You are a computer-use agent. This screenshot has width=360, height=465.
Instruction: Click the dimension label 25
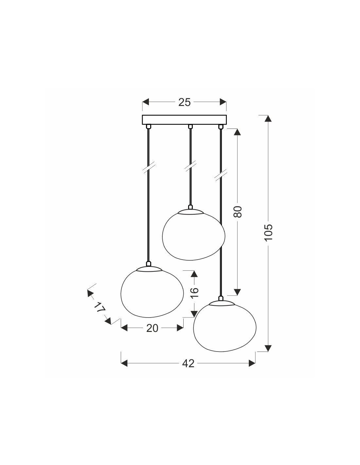[x=184, y=102]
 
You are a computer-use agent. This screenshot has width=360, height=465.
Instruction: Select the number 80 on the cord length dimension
[x=238, y=212]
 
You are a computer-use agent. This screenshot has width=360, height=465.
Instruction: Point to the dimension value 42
[x=188, y=363]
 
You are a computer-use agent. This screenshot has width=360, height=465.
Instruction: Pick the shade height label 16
[x=194, y=292]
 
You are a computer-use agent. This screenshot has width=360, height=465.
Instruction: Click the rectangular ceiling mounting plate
[x=184, y=120]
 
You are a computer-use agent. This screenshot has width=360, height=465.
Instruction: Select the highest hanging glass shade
[x=194, y=235]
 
